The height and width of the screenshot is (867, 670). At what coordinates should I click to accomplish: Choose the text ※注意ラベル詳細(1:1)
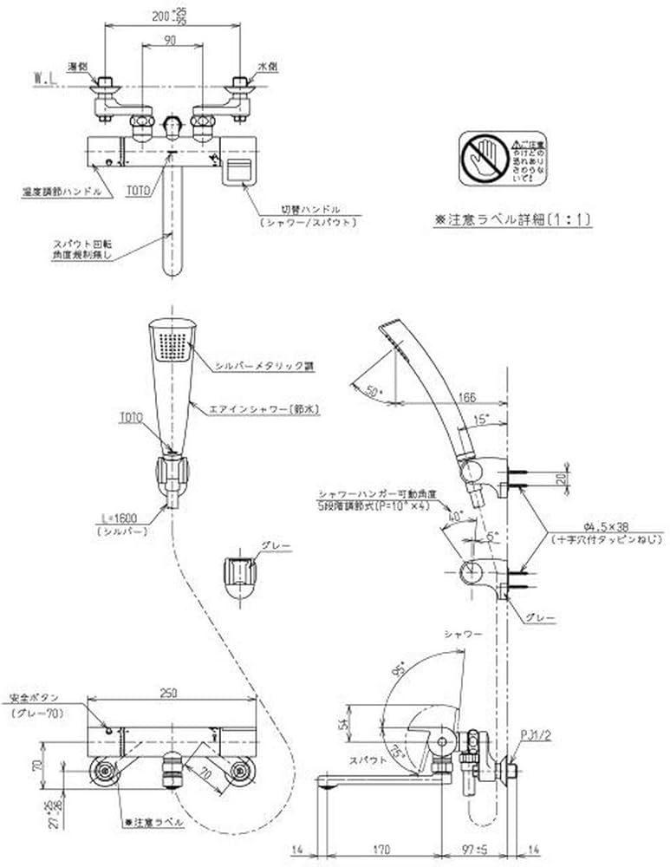512,220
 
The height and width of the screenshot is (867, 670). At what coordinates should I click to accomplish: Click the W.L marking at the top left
46,77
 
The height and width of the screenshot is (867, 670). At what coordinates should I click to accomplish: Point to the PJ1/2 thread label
534,736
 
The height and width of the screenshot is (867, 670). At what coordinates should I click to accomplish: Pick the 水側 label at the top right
267,67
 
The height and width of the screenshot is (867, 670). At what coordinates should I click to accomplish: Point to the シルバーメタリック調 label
263,367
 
